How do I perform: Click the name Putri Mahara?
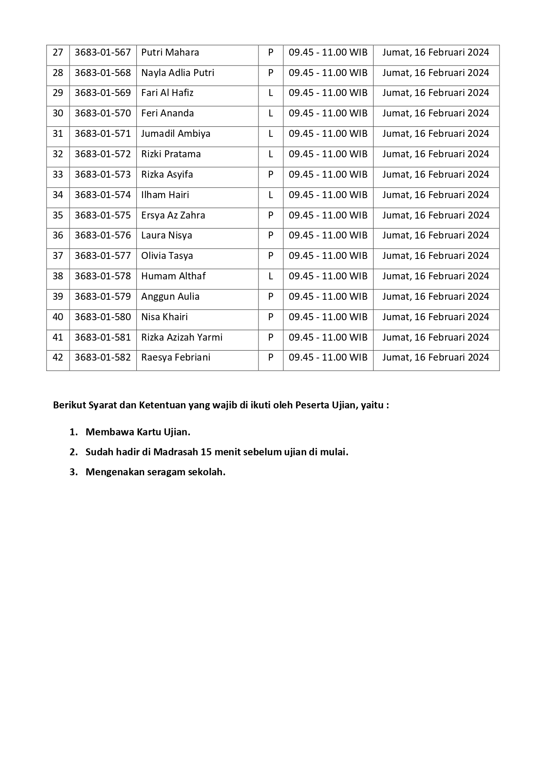tap(170, 53)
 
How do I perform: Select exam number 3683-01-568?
tap(103, 73)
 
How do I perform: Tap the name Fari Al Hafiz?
tap(167, 93)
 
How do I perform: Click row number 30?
tap(58, 113)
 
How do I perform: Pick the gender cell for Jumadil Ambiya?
tap(271, 134)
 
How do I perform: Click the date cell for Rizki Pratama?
tap(436, 154)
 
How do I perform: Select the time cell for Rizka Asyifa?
tap(328, 175)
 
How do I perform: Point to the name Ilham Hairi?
tap(165, 195)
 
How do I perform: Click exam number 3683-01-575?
tap(103, 215)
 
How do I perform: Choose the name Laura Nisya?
tap(166, 235)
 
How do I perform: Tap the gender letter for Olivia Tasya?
tap(271, 256)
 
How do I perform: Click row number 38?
tap(58, 276)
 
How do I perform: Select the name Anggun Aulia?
tap(170, 297)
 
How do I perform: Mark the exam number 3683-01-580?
tap(103, 317)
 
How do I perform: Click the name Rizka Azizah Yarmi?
tap(182, 338)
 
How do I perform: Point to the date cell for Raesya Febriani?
tap(436, 358)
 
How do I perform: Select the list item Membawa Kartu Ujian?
tap(138, 432)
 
